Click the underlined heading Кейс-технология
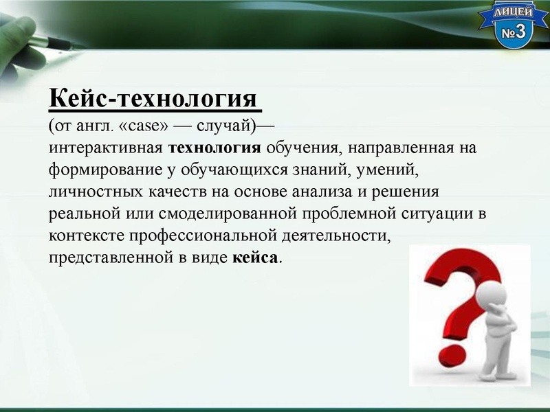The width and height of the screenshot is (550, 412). [x=155, y=100]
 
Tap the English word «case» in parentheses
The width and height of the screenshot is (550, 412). [x=149, y=127]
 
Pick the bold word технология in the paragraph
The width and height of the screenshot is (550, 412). [x=214, y=148]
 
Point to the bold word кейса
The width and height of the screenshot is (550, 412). [x=256, y=257]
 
